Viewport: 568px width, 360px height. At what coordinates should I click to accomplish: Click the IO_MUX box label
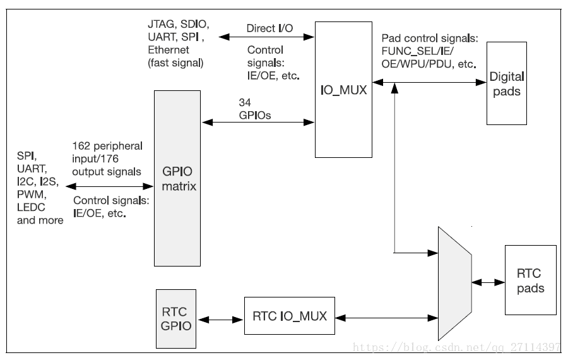(344, 90)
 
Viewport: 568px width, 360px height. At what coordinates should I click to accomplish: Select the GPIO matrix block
(178, 177)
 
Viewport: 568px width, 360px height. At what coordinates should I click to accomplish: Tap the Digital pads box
(507, 84)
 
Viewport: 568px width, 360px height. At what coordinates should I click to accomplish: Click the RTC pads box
(530, 280)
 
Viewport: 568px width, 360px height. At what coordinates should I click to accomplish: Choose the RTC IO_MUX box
(290, 316)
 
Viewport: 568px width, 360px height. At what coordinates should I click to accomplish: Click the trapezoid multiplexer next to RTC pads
(454, 282)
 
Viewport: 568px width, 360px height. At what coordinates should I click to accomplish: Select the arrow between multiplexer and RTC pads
(488, 282)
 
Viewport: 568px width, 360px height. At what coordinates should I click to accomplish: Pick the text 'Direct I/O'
(269, 28)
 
